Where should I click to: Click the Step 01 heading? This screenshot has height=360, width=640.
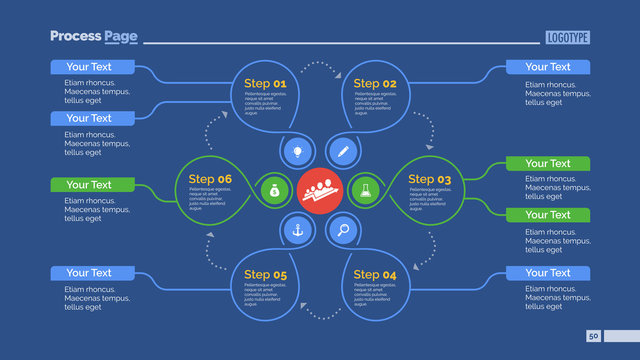point(265,83)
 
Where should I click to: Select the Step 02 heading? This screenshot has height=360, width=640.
point(375,83)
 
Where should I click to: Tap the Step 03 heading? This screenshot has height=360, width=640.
point(430,179)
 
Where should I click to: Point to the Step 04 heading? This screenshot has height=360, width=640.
point(375,274)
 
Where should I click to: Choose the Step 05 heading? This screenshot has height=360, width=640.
point(265,274)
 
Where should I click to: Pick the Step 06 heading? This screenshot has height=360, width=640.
point(210,179)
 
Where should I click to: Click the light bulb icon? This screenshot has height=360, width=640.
point(297,152)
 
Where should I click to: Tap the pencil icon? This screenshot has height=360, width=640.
point(343,152)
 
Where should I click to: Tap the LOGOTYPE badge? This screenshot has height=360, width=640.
point(568,37)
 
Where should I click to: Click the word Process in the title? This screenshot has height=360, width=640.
point(75,36)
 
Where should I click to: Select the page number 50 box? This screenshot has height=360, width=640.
point(593,337)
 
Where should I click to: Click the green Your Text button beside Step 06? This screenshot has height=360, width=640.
point(90,184)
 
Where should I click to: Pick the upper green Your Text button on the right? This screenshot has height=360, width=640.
point(547,163)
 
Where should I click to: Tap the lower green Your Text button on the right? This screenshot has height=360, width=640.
point(547,215)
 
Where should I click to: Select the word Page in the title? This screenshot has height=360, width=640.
point(118,36)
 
